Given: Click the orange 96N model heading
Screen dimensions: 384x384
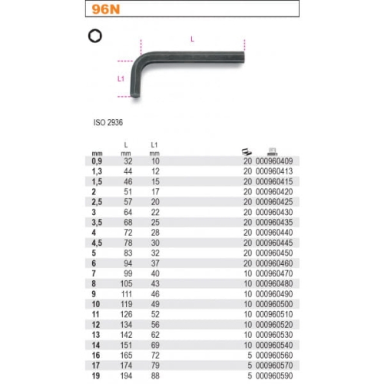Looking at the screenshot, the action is coord(106,9).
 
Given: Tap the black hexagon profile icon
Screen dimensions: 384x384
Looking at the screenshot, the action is coord(95,36).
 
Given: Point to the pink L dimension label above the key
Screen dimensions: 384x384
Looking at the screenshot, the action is coord(192,39).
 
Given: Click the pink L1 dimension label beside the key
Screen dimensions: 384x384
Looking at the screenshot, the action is coord(121,78).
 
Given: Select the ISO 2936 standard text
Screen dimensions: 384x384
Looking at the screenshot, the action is coord(108,122).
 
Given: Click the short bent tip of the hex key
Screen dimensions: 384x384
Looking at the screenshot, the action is coord(135,94).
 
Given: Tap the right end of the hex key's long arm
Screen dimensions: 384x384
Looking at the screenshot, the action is coord(243,58).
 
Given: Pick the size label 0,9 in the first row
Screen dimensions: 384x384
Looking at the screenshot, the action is coord(97,161).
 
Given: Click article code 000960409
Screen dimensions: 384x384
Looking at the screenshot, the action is coord(274,161).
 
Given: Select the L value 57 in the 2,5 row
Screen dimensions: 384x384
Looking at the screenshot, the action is coord(128,202).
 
